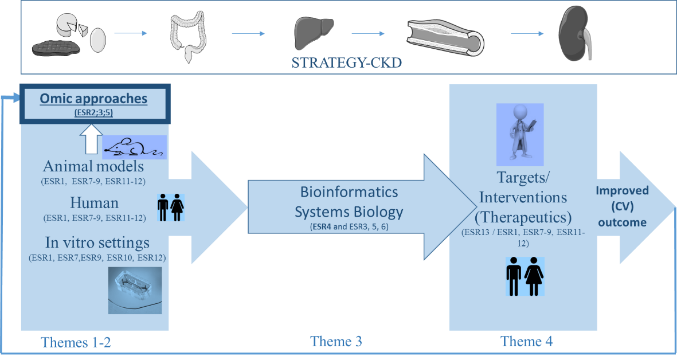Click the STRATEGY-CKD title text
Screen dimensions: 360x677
click(x=346, y=62)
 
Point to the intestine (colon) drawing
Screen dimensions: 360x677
click(x=187, y=36)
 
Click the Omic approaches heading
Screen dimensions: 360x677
click(x=93, y=99)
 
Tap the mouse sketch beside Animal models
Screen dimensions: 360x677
click(x=134, y=147)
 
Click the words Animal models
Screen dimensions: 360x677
click(x=93, y=167)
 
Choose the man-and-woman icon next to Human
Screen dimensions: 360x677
click(x=170, y=207)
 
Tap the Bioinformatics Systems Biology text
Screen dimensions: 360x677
click(x=349, y=201)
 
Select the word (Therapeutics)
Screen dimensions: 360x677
click(x=523, y=217)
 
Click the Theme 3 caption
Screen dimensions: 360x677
click(x=336, y=342)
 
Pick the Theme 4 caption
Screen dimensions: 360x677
click(x=527, y=341)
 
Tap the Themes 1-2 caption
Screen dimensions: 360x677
click(x=76, y=342)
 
